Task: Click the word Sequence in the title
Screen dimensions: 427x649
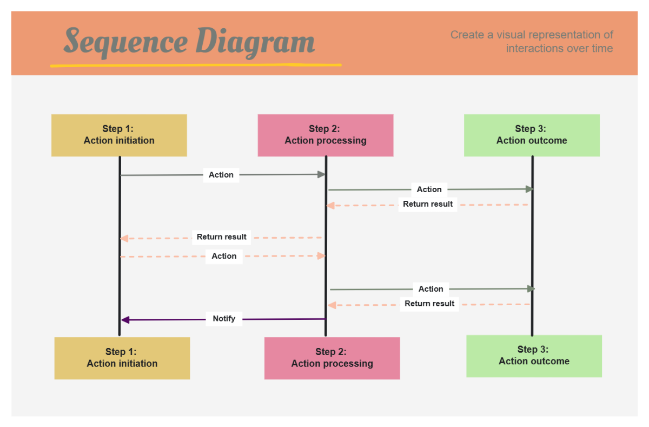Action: [x=125, y=42]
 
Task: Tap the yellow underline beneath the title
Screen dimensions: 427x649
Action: [x=195, y=65]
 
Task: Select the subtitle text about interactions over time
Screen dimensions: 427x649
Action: [x=532, y=42]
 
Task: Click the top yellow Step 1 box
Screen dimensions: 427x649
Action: [x=119, y=135]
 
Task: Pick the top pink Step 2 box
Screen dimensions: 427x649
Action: [x=326, y=135]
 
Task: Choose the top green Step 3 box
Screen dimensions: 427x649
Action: [x=532, y=135]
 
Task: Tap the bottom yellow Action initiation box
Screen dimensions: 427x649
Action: [x=122, y=358]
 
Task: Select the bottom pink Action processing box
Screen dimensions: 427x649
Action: [x=332, y=358]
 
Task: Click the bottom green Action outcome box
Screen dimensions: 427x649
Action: [x=534, y=356]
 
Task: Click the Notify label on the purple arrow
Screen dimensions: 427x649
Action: [x=224, y=318]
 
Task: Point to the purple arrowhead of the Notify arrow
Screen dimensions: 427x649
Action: [x=125, y=320]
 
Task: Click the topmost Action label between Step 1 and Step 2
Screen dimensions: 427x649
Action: [x=221, y=175]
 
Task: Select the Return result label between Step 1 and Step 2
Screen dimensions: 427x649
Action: [x=221, y=237]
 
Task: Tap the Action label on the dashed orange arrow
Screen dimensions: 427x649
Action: [x=224, y=256]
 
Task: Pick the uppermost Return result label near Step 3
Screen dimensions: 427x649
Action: [x=428, y=204]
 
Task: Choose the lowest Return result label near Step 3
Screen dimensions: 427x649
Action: [x=429, y=304]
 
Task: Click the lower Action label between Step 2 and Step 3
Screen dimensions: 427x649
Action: [x=431, y=289]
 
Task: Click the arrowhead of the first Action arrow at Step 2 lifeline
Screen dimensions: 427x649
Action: [x=321, y=174]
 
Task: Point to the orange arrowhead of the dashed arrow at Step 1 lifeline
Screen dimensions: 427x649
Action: [x=124, y=238]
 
